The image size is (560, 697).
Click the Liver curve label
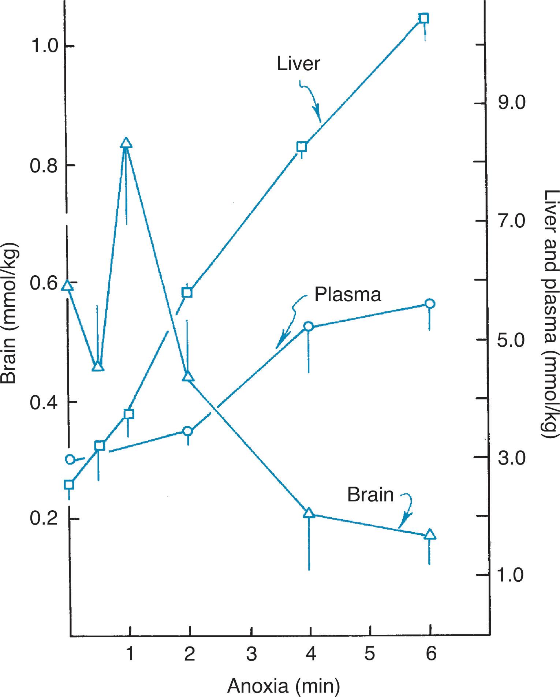point(298,64)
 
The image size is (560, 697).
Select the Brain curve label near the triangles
point(370,495)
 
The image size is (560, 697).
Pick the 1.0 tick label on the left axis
point(44,46)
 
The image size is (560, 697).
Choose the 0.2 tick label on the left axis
point(44,519)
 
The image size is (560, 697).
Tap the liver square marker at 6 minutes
point(423,18)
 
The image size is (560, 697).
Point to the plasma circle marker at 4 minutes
point(309,326)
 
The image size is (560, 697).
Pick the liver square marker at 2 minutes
point(187,292)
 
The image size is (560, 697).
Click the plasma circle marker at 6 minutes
point(430,303)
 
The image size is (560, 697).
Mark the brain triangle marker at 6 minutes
point(430,534)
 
